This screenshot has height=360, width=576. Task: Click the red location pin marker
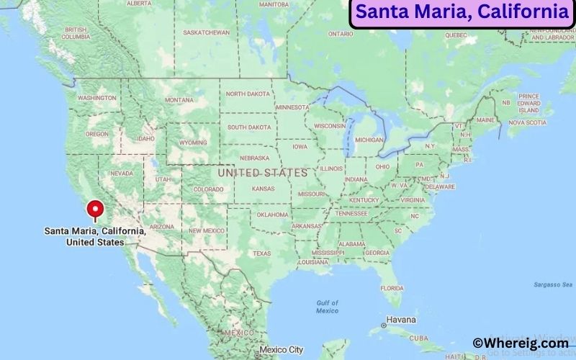(x=94, y=210)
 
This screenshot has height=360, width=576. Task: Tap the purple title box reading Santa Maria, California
(x=462, y=12)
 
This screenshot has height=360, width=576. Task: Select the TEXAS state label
(x=261, y=253)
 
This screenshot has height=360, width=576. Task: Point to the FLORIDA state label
(x=392, y=288)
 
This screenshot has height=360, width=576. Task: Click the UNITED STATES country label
(x=262, y=173)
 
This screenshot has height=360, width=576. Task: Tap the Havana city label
(x=401, y=319)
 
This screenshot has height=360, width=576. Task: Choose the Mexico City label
(x=282, y=350)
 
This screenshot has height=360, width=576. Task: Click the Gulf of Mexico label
(x=327, y=307)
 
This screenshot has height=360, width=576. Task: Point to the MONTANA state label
(x=179, y=99)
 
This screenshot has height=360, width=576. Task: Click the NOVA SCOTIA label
(x=527, y=122)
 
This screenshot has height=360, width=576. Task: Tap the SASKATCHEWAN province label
(x=206, y=32)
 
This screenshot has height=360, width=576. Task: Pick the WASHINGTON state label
(x=97, y=97)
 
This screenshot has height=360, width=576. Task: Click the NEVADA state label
(x=120, y=174)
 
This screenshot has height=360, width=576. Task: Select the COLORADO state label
(x=208, y=189)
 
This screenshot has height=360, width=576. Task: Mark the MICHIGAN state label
(x=369, y=140)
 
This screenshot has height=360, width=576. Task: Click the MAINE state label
(x=485, y=120)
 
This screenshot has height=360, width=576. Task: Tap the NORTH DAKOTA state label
(x=247, y=94)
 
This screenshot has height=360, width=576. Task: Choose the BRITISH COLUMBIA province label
(x=75, y=33)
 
